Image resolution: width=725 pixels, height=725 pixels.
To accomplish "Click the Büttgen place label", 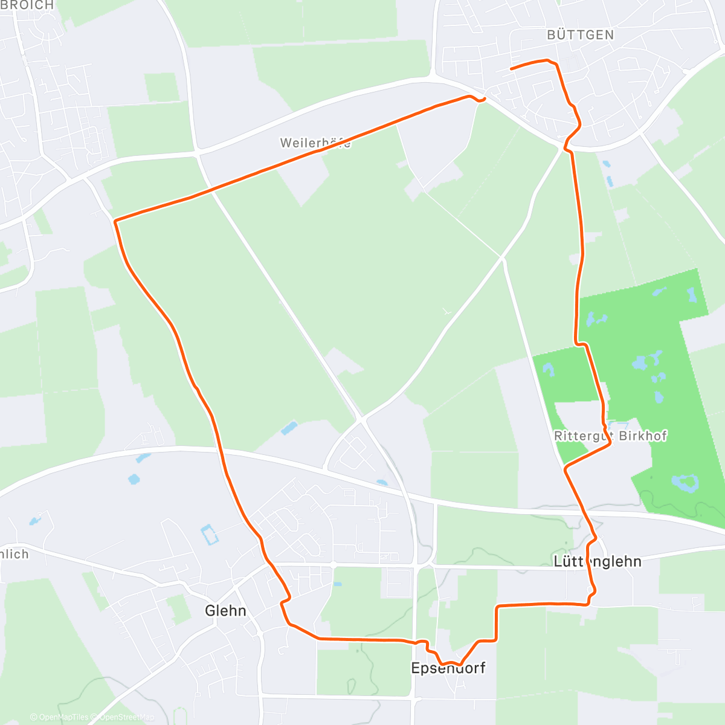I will point(580,35).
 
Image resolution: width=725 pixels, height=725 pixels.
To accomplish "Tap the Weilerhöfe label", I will point(315,143).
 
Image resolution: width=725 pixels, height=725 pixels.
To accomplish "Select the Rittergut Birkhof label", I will point(610,436).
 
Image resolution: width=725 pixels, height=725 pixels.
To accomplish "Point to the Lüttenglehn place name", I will point(598,561).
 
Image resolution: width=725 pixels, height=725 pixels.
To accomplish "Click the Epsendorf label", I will point(448,668).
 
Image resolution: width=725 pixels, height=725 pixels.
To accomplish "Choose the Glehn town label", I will point(225,611).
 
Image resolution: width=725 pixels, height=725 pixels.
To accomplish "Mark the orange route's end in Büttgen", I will point(511,69).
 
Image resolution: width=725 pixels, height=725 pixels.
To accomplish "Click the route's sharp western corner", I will point(115,221).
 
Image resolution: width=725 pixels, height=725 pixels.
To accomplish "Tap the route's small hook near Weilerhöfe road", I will point(482,100).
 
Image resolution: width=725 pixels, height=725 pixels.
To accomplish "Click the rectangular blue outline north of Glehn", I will point(208,535).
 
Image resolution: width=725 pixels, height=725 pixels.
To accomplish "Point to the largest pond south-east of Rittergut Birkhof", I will point(685,483).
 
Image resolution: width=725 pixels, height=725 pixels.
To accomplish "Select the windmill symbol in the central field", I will point(446,312).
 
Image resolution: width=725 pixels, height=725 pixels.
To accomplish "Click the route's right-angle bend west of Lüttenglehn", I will point(497,606).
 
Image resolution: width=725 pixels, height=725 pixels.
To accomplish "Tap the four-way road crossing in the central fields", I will point(502,259).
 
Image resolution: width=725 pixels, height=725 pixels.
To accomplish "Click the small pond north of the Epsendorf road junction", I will point(382,482).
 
